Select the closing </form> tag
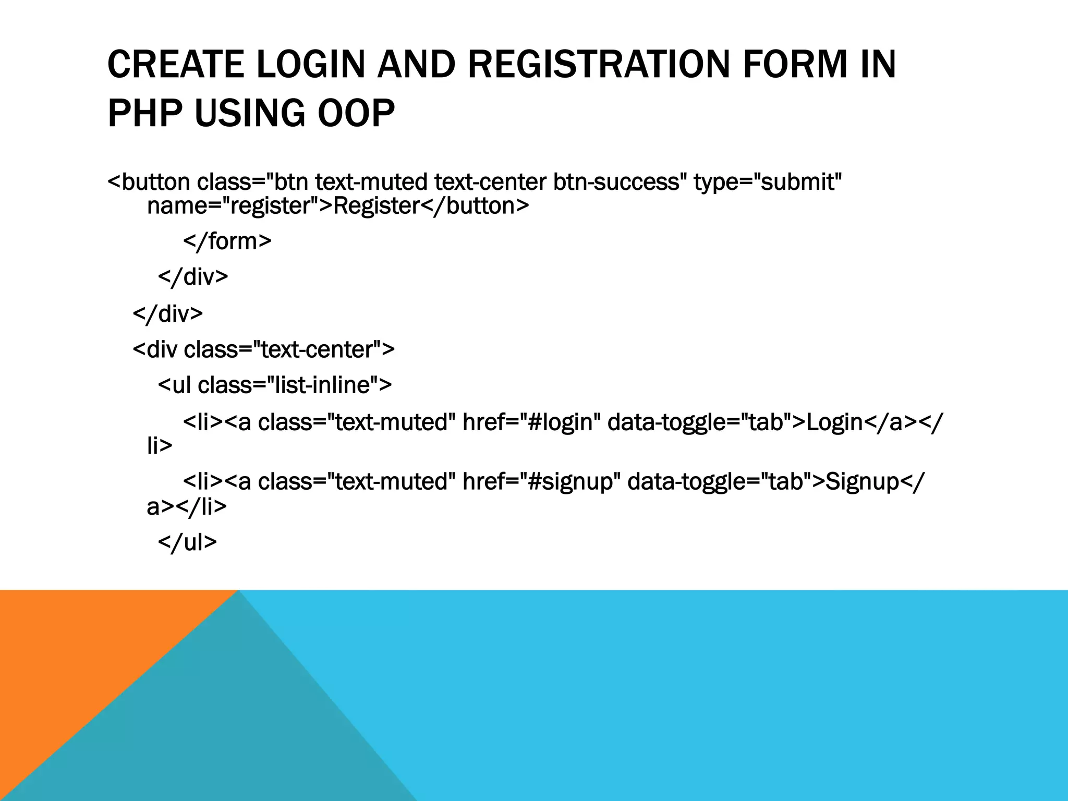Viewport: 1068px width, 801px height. (x=227, y=241)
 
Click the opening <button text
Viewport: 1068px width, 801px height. (x=149, y=182)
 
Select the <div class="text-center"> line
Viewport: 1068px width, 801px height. (x=264, y=349)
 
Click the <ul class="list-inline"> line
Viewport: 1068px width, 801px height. (x=275, y=385)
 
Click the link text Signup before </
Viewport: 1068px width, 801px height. (x=863, y=481)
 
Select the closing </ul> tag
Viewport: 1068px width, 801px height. (x=187, y=542)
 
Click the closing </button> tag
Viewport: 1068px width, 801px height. (x=475, y=206)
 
